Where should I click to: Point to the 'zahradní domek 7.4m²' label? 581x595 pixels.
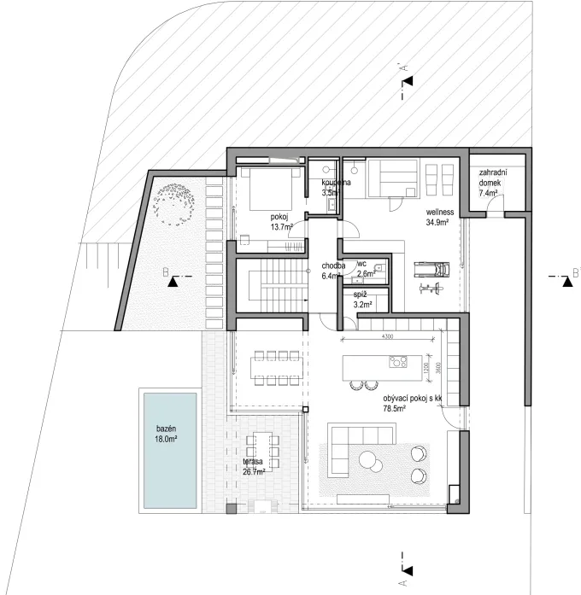(493, 183)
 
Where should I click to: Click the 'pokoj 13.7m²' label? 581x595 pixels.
(281, 222)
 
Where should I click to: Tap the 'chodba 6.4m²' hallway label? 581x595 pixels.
(333, 270)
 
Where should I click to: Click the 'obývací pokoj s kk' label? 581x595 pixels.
(412, 403)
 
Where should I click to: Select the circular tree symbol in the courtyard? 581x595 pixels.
(175, 206)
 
